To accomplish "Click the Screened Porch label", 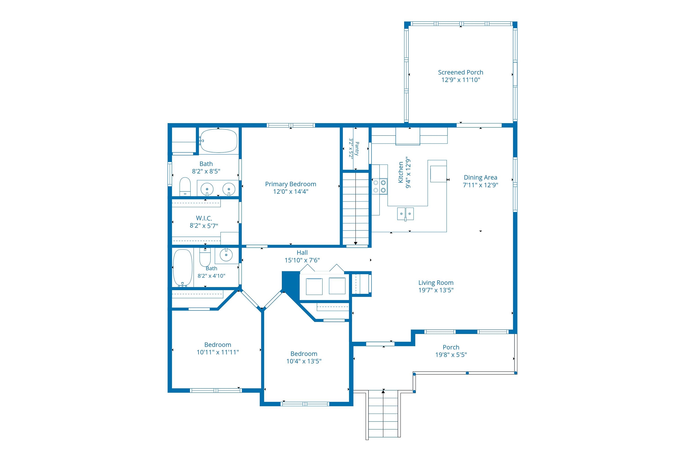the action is coord(461,72).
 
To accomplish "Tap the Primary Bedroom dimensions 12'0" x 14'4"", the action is coord(291,191).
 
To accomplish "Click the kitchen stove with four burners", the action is coord(380,186).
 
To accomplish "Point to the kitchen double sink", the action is coord(406,214).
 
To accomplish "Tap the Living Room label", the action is coord(436,283).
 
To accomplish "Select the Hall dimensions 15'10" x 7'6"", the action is coord(302,260).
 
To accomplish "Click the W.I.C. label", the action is coord(204,218).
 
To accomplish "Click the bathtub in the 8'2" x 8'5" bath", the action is coord(218,141).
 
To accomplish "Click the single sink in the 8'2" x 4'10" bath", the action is coord(226,255).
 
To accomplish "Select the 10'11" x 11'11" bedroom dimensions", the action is coord(218,352).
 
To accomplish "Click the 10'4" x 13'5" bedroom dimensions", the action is coord(304,361).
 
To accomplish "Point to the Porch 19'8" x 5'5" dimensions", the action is coord(451,355).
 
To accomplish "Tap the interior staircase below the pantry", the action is coord(356,209).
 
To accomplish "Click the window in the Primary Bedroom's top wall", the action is coord(291,125).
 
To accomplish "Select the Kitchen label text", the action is coord(401,172).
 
